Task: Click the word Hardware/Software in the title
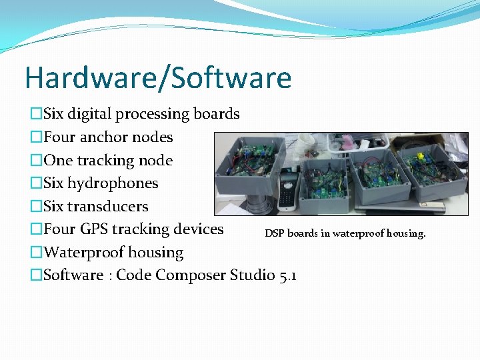(x=158, y=78)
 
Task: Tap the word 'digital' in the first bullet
(x=89, y=114)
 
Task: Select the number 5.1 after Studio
(x=288, y=275)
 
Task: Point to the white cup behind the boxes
(x=306, y=143)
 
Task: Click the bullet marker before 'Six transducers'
(x=36, y=207)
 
